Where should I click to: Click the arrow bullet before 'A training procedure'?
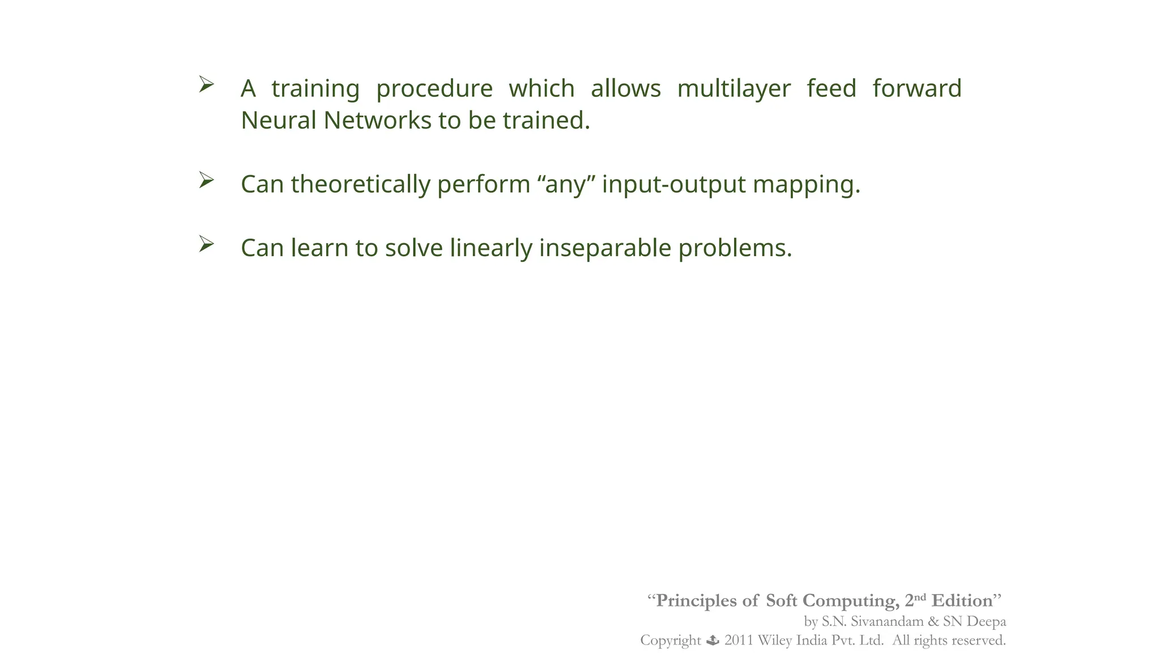(x=206, y=85)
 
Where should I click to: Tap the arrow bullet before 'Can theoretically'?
(x=206, y=181)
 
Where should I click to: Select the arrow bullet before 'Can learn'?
(x=206, y=244)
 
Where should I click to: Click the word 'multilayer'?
(x=733, y=89)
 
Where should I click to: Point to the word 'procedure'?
(x=434, y=89)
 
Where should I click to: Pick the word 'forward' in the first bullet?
(x=916, y=89)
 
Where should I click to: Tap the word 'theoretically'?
(x=360, y=185)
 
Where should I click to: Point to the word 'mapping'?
(x=806, y=185)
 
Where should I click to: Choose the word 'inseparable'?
(x=605, y=248)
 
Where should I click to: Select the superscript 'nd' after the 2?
(x=920, y=597)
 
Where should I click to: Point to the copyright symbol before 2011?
(x=713, y=641)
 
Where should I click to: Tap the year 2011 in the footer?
(x=739, y=641)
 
